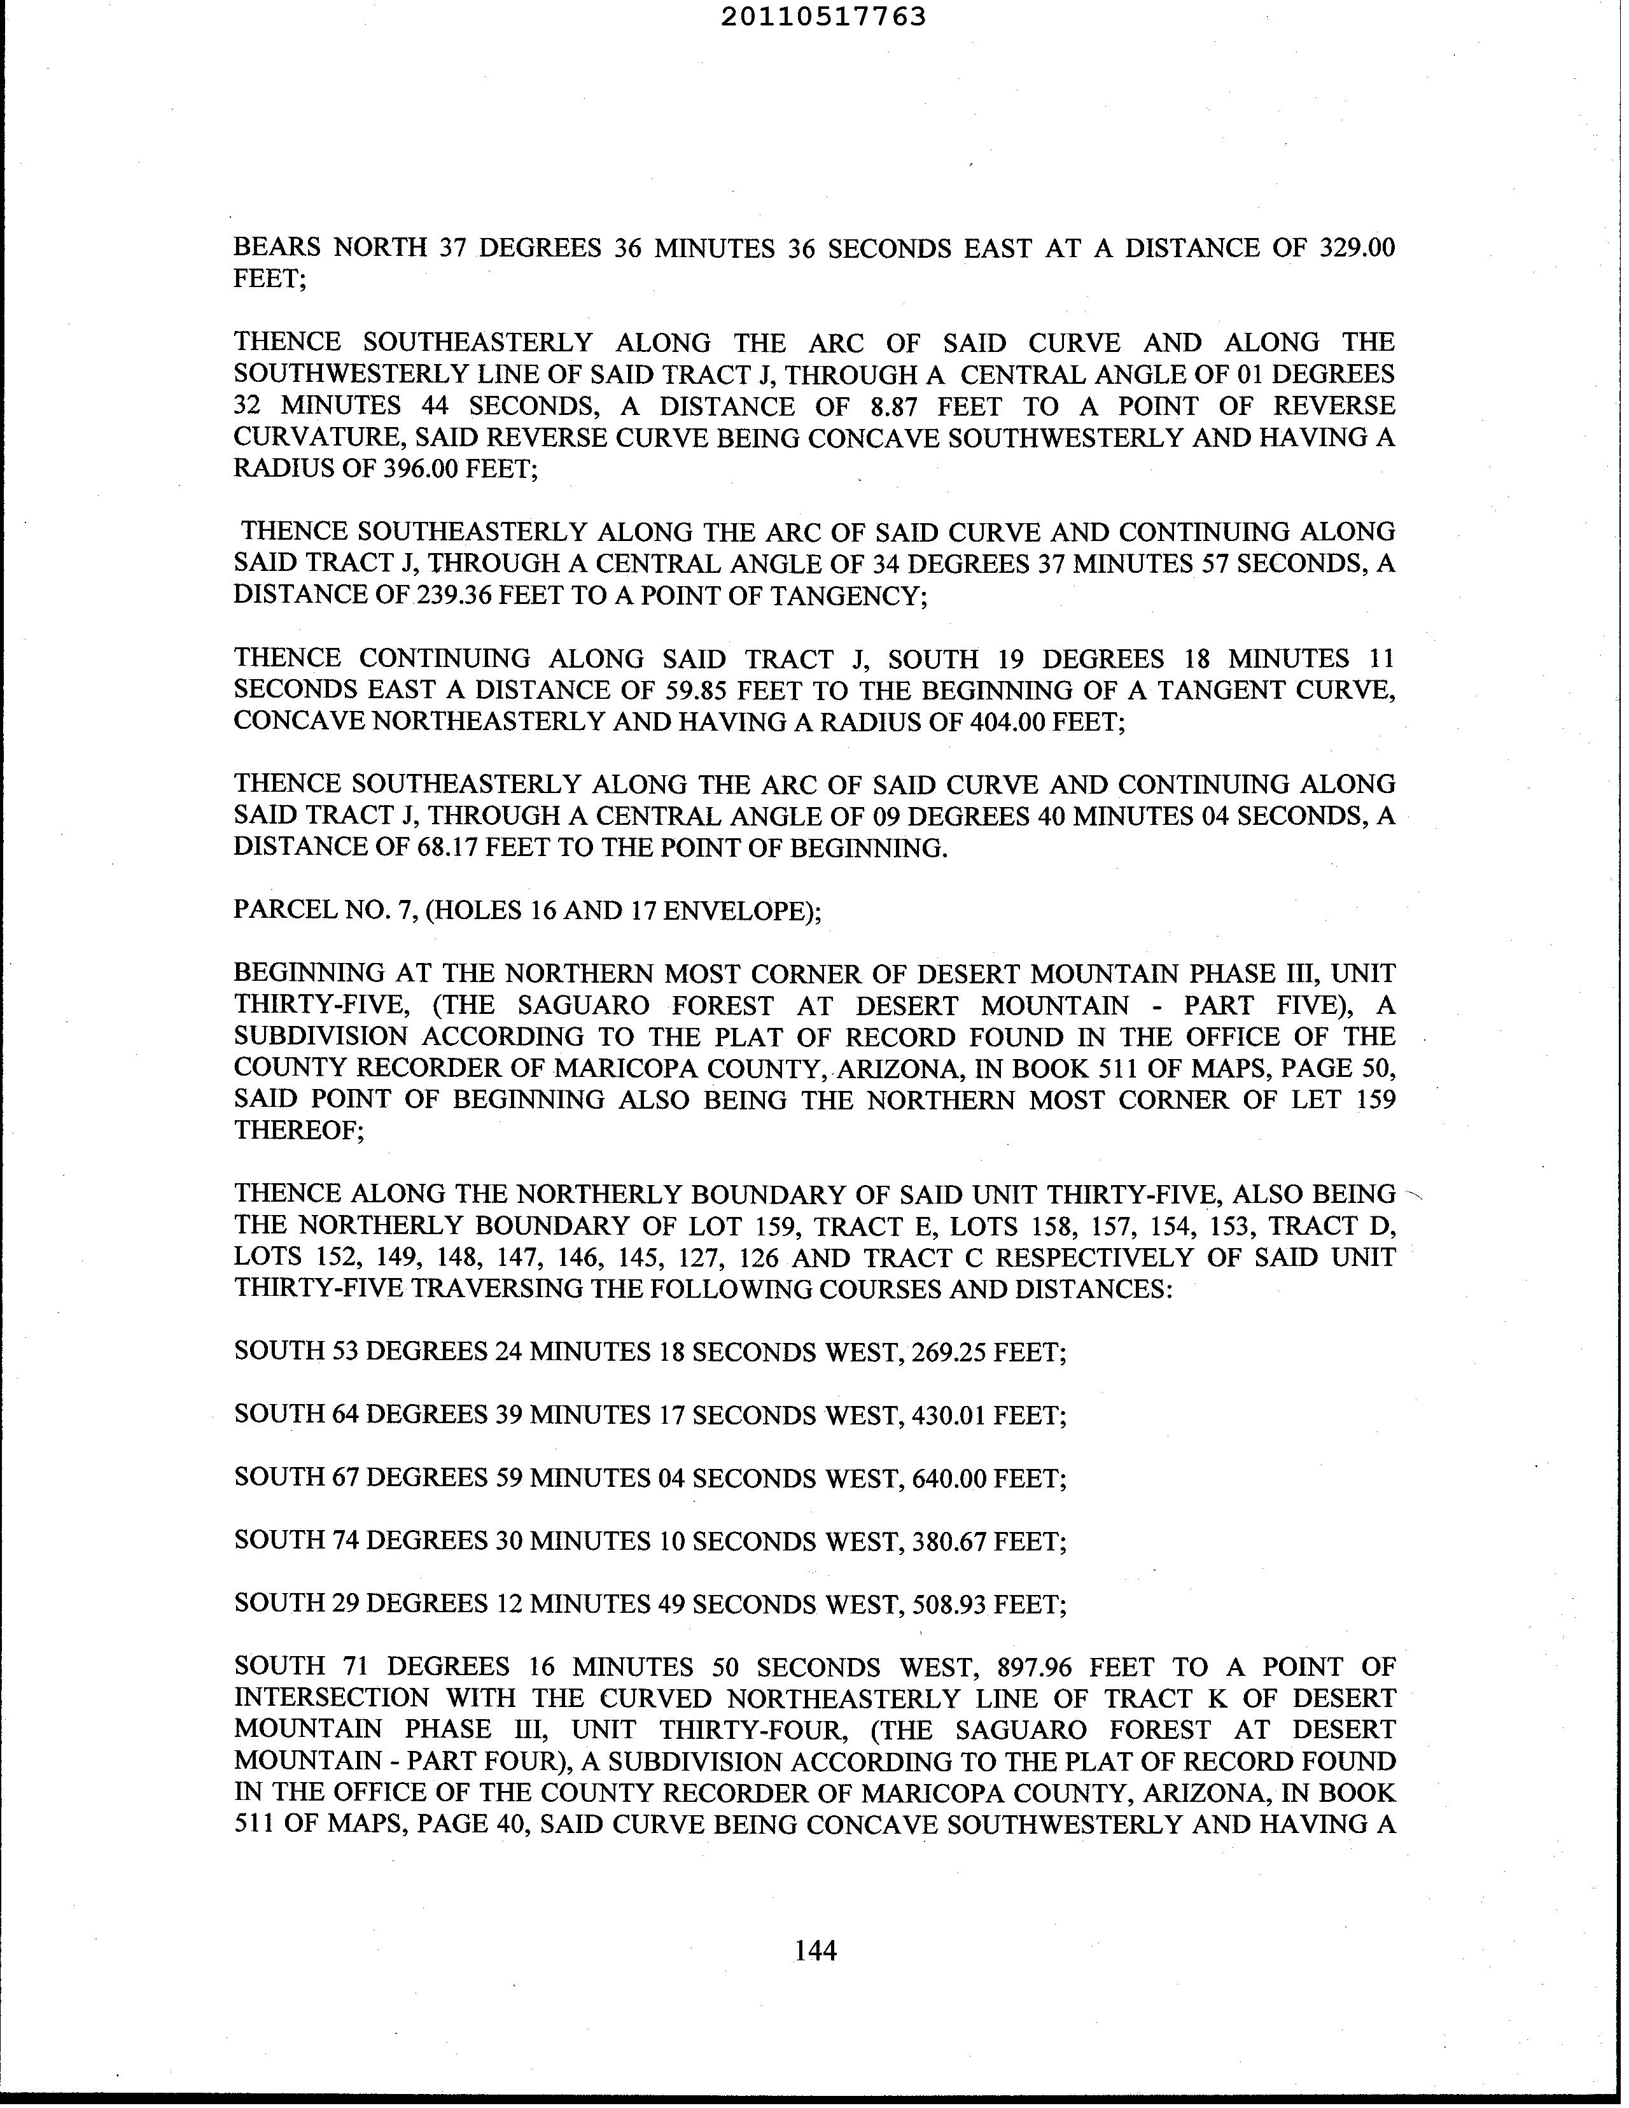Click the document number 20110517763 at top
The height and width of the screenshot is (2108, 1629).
coord(823,17)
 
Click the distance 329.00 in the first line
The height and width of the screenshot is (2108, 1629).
coord(1356,248)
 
